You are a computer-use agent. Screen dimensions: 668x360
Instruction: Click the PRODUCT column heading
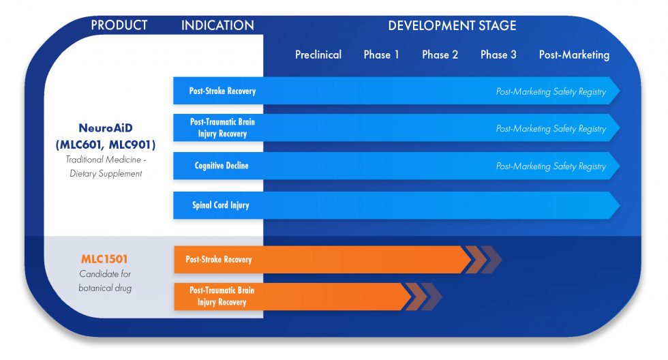click(119, 25)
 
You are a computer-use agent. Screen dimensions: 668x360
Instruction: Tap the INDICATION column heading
click(217, 25)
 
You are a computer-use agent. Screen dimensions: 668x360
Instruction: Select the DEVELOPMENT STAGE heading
click(452, 25)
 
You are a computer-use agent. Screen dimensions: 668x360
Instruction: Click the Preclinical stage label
click(318, 55)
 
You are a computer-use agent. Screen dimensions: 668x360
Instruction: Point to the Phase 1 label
click(381, 55)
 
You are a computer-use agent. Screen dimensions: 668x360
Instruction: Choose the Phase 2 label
click(440, 55)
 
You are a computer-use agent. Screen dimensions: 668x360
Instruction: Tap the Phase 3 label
click(498, 55)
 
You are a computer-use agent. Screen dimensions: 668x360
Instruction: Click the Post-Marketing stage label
click(574, 55)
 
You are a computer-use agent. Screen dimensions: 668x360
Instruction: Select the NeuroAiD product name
click(106, 127)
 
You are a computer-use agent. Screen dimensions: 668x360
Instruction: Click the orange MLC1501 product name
click(104, 259)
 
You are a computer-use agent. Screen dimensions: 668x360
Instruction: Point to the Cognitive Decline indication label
click(222, 166)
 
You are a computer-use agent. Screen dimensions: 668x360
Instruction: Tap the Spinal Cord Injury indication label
click(221, 205)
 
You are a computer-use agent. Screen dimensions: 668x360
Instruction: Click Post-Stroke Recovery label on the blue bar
click(222, 91)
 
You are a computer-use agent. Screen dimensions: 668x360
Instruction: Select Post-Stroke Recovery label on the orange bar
click(219, 260)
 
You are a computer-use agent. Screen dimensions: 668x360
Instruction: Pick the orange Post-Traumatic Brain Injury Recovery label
click(222, 296)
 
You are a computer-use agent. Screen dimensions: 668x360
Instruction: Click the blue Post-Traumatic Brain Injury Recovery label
click(222, 127)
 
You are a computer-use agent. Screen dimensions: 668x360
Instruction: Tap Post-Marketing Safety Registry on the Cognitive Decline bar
click(551, 166)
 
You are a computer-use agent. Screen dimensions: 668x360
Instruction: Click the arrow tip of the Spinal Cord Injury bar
click(620, 205)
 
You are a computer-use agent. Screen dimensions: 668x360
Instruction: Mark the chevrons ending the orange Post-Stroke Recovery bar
click(483, 260)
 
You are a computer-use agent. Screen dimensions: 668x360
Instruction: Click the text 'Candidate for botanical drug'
click(105, 281)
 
